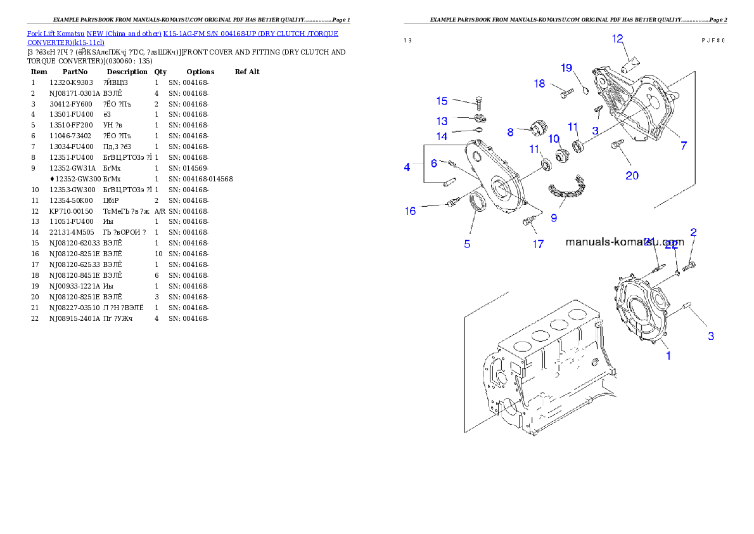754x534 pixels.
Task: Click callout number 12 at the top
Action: pyautogui.click(x=618, y=39)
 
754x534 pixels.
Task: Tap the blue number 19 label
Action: pyautogui.click(x=566, y=68)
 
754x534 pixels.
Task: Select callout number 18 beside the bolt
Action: pyautogui.click(x=539, y=84)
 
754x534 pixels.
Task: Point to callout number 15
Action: pyautogui.click(x=442, y=101)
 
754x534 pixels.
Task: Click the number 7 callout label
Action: pyautogui.click(x=684, y=146)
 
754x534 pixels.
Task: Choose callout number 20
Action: pyautogui.click(x=632, y=176)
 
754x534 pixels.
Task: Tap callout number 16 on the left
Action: pyautogui.click(x=411, y=211)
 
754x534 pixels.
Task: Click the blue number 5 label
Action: pyautogui.click(x=467, y=244)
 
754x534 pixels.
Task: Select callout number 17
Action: pyautogui.click(x=537, y=244)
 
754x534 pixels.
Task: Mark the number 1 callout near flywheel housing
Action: pyautogui.click(x=668, y=356)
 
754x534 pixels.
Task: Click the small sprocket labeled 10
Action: pyautogui.click(x=560, y=155)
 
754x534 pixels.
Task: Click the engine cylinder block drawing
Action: pyautogui.click(x=539, y=374)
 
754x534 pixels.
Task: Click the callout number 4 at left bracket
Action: pyautogui.click(x=407, y=167)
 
